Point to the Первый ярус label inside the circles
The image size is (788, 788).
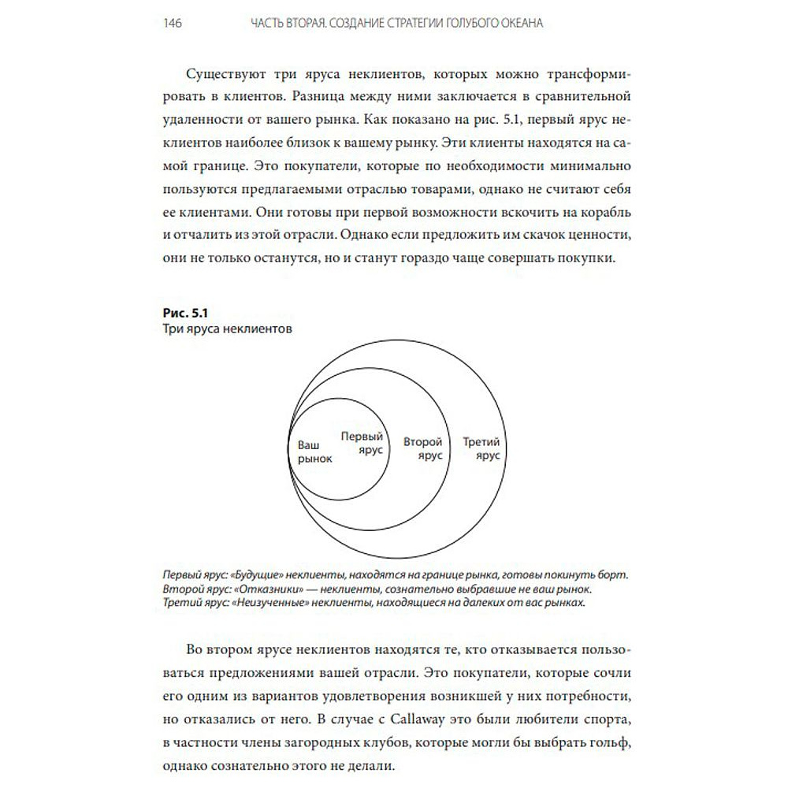point(362,442)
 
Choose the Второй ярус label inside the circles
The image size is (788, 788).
point(422,448)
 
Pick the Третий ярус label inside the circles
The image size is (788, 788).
point(482,449)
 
